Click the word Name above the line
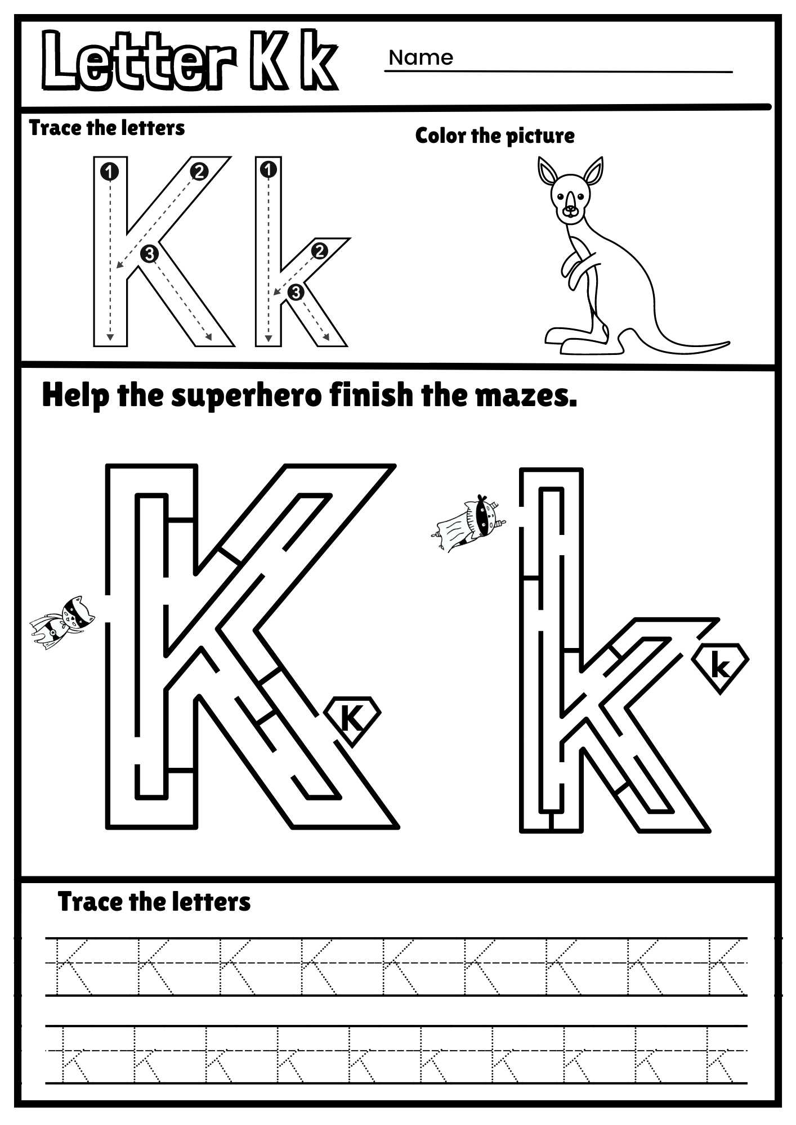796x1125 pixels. [x=421, y=57]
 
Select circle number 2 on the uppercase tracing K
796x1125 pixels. [x=199, y=172]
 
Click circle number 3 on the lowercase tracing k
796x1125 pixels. [x=296, y=292]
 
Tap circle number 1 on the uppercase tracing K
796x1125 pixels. [x=110, y=171]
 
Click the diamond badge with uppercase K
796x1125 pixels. [x=352, y=718]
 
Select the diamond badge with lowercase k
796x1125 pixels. [x=721, y=667]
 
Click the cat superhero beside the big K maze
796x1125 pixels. [x=63, y=623]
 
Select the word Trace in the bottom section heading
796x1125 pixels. [x=90, y=902]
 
